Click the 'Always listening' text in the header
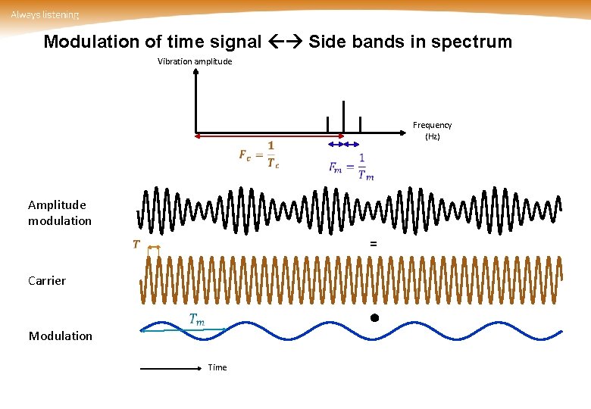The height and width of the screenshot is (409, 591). tap(45, 15)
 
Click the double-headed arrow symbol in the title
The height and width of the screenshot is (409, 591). tap(285, 42)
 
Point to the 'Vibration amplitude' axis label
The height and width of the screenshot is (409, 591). tap(195, 61)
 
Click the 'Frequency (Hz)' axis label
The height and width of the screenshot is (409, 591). tap(432, 130)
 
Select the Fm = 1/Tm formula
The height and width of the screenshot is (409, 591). tap(351, 167)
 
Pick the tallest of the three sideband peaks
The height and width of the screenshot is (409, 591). tap(343, 117)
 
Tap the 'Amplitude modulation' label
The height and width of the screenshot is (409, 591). tap(59, 213)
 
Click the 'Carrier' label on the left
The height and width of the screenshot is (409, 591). tap(47, 280)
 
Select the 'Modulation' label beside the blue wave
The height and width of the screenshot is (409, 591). tap(61, 336)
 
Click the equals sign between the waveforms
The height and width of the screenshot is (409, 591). tap(373, 244)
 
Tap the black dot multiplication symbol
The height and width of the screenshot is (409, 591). tap(374, 317)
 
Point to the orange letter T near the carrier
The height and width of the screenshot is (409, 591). tap(136, 244)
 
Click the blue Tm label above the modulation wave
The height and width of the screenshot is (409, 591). tap(196, 320)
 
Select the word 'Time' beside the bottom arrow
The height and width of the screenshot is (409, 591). tap(217, 367)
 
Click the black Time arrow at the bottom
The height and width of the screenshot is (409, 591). tap(170, 368)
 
